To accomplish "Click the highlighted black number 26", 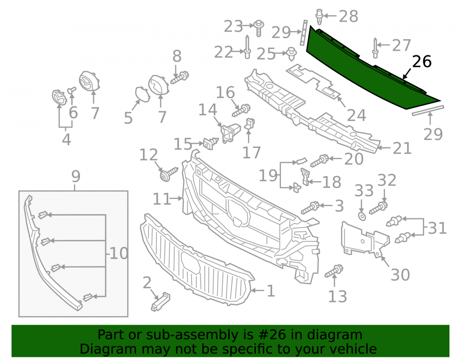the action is click(x=422, y=62).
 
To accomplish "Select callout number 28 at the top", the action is click(x=349, y=16).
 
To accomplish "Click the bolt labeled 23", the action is click(x=259, y=28).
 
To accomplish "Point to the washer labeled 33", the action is click(x=362, y=216).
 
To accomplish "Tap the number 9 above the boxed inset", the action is click(x=76, y=177).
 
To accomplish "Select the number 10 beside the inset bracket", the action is click(x=118, y=253).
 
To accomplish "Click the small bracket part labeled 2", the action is click(x=160, y=301).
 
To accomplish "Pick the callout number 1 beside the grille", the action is click(x=271, y=291).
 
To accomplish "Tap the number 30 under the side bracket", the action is click(x=400, y=275).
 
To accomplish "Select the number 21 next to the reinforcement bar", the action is click(x=402, y=148).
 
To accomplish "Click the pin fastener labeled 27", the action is click(x=375, y=48).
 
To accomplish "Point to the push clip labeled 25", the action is click(x=291, y=53).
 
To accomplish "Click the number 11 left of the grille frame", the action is click(x=162, y=199).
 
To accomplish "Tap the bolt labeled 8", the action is click(x=180, y=77).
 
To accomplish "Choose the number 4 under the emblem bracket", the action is click(x=66, y=139).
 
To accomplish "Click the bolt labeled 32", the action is click(x=378, y=208).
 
